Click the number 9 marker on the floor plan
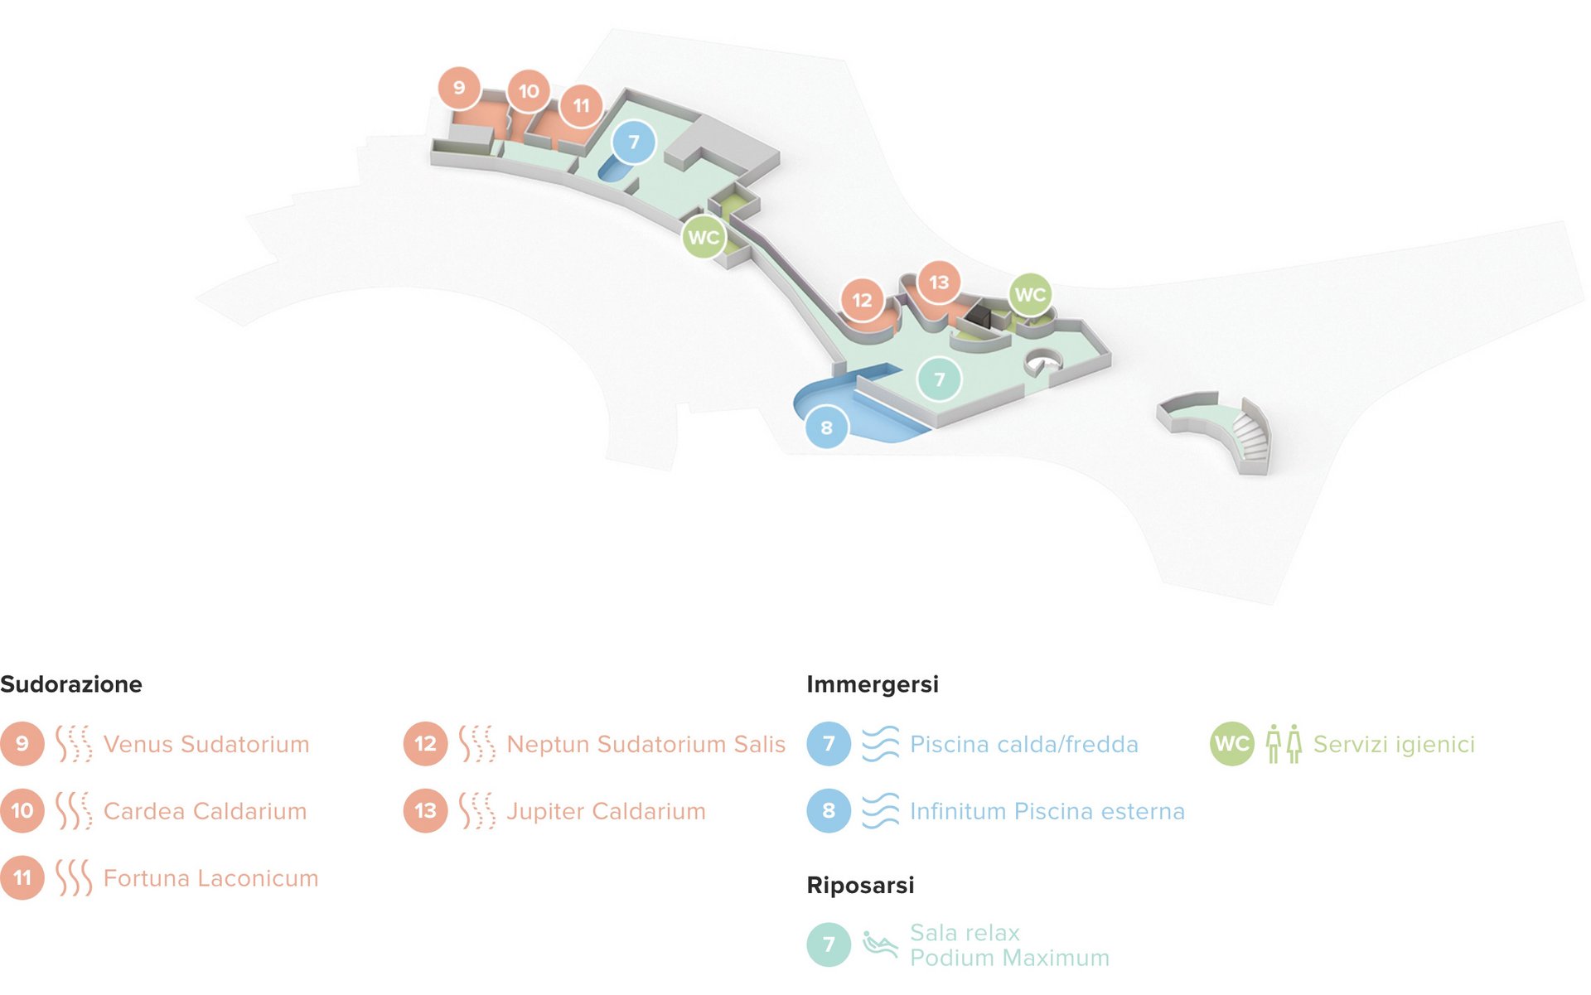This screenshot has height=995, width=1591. click(x=459, y=88)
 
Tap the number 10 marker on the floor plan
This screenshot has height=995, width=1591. click(x=529, y=91)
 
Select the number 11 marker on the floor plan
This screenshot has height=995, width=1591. click(x=581, y=105)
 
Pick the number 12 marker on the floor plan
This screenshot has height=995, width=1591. click(x=862, y=300)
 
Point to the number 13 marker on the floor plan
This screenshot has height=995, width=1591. click(x=938, y=283)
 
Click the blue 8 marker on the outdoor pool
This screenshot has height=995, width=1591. click(x=826, y=427)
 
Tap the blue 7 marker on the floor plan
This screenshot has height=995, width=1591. click(x=634, y=142)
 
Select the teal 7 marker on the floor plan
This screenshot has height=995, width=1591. click(x=939, y=379)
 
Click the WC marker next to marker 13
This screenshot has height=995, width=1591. click(x=1030, y=294)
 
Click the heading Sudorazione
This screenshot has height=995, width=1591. click(x=71, y=684)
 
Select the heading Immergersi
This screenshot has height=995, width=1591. click(x=873, y=684)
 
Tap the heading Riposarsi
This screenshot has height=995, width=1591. click(x=860, y=885)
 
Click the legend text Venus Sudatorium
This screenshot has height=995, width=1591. click(x=206, y=744)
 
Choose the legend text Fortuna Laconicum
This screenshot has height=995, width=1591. click(x=210, y=878)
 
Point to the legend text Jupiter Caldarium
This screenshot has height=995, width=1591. click(x=606, y=811)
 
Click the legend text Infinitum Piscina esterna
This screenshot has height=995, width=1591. click(x=1047, y=811)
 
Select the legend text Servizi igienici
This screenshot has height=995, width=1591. click(x=1394, y=744)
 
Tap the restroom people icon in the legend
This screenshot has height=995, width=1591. click(x=1284, y=744)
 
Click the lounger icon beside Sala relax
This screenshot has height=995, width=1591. click(x=880, y=944)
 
